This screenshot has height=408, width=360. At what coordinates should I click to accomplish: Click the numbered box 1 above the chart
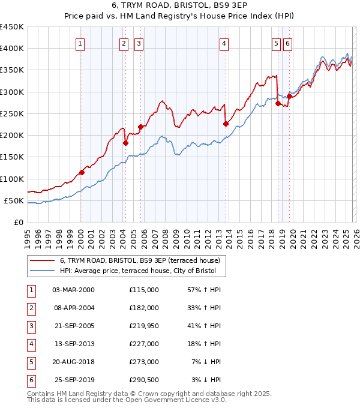(80, 43)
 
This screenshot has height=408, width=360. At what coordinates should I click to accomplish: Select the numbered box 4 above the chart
(223, 43)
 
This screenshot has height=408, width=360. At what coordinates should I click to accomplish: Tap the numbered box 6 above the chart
(287, 43)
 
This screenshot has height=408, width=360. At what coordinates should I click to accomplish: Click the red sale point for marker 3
(140, 127)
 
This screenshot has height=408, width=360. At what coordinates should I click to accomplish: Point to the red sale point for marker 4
(226, 124)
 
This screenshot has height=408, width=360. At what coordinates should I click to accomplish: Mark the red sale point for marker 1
(82, 172)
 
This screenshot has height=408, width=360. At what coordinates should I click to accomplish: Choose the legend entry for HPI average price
(142, 271)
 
